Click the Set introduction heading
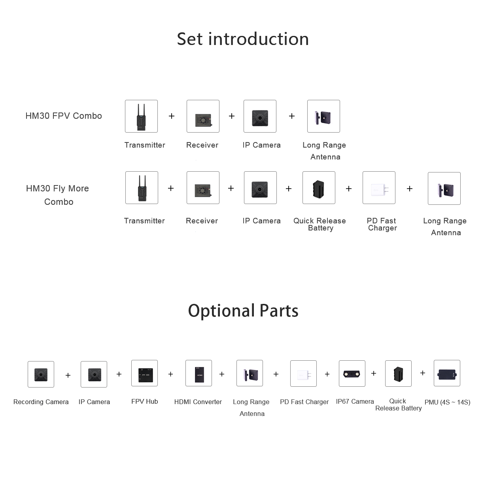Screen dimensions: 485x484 click(x=243, y=39)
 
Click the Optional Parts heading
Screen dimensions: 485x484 click(x=243, y=311)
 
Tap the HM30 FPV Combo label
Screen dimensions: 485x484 click(x=64, y=116)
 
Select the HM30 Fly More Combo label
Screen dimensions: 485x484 click(x=58, y=195)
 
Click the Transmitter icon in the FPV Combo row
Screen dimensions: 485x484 click(x=141, y=116)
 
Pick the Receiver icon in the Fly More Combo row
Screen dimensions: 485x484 click(x=203, y=188)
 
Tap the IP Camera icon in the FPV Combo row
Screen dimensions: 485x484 click(x=260, y=116)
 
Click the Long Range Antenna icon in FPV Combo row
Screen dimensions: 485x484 click(x=323, y=116)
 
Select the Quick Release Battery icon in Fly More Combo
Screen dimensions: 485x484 click(x=319, y=188)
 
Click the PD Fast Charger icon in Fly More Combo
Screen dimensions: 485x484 click(x=379, y=188)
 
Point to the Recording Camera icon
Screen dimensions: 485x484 click(x=41, y=374)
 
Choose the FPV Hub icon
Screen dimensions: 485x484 click(x=144, y=373)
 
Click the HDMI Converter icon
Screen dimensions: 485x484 click(x=199, y=373)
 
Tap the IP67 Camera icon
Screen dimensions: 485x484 click(x=352, y=373)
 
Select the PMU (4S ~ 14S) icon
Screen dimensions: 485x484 click(x=447, y=373)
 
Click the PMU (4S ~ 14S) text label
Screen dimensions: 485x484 click(x=447, y=402)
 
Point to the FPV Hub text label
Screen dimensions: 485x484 click(x=144, y=401)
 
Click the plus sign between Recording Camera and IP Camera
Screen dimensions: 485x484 click(x=68, y=375)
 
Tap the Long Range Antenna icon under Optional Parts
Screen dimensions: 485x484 click(x=250, y=373)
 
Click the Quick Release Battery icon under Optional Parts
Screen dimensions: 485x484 click(x=398, y=373)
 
